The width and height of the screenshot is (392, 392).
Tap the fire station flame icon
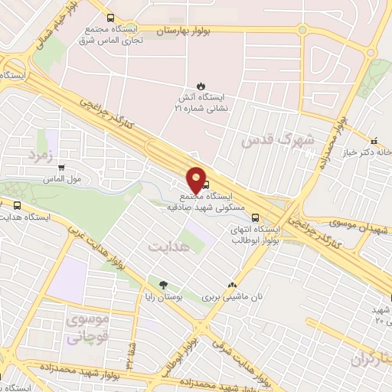click(x=201, y=85)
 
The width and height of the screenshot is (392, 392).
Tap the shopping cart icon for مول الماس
click(x=60, y=168)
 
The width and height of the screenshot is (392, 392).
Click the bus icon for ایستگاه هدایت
click(x=18, y=205)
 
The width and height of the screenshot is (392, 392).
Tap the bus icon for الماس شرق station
click(x=111, y=17)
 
